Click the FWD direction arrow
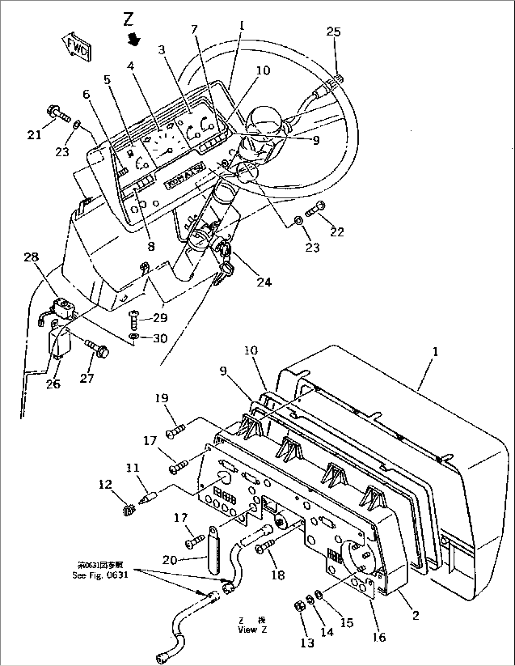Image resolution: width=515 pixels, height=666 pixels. coord(76,47)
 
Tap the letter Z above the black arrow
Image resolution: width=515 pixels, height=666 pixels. coord(128,19)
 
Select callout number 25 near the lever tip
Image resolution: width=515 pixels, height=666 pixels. coord(333,32)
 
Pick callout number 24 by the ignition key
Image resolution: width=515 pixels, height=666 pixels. coord(264,282)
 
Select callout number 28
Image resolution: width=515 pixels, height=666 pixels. coord(32,258)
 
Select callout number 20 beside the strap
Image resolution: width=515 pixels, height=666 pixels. coord(171,560)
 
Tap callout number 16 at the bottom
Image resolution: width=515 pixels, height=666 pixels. coord(379,637)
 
